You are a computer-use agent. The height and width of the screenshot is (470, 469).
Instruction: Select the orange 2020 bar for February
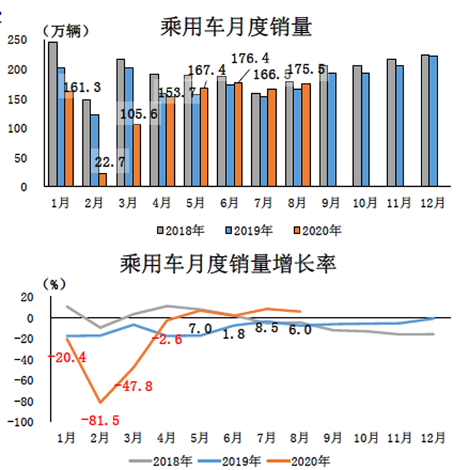(103, 179)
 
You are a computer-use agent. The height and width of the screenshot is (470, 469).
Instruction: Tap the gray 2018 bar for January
(52, 114)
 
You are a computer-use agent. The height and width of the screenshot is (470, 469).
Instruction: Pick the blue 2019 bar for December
(433, 121)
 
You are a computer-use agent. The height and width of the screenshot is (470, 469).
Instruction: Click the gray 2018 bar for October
(357, 126)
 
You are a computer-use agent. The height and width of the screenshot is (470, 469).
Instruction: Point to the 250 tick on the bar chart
(18, 41)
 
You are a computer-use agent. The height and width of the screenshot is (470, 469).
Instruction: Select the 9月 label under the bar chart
(328, 202)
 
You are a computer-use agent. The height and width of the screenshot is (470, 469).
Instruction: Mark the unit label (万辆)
(65, 31)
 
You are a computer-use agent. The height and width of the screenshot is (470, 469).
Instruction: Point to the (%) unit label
(54, 285)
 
